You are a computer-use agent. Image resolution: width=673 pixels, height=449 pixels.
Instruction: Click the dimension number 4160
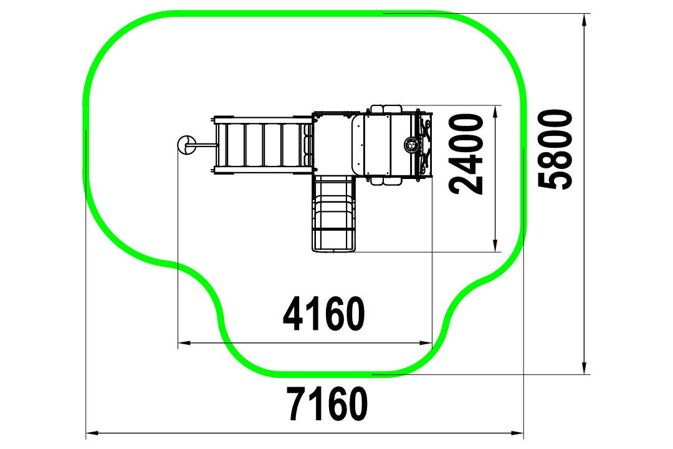[324, 314]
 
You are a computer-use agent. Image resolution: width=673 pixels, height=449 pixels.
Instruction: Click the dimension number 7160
[328, 404]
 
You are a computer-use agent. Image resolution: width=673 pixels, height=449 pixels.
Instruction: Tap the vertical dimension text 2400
[465, 154]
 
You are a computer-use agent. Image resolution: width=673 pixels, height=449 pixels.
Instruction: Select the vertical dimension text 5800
[555, 149]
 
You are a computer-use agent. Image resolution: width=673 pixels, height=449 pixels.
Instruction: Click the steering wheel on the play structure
[411, 145]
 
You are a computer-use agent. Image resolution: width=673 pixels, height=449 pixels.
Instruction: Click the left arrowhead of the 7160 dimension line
[92, 433]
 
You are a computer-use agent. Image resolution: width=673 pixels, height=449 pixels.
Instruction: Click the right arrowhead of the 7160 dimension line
[518, 433]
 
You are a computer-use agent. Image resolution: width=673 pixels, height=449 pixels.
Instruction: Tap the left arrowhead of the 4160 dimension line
[184, 342]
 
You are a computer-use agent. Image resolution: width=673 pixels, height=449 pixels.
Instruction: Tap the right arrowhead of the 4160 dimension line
[426, 342]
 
